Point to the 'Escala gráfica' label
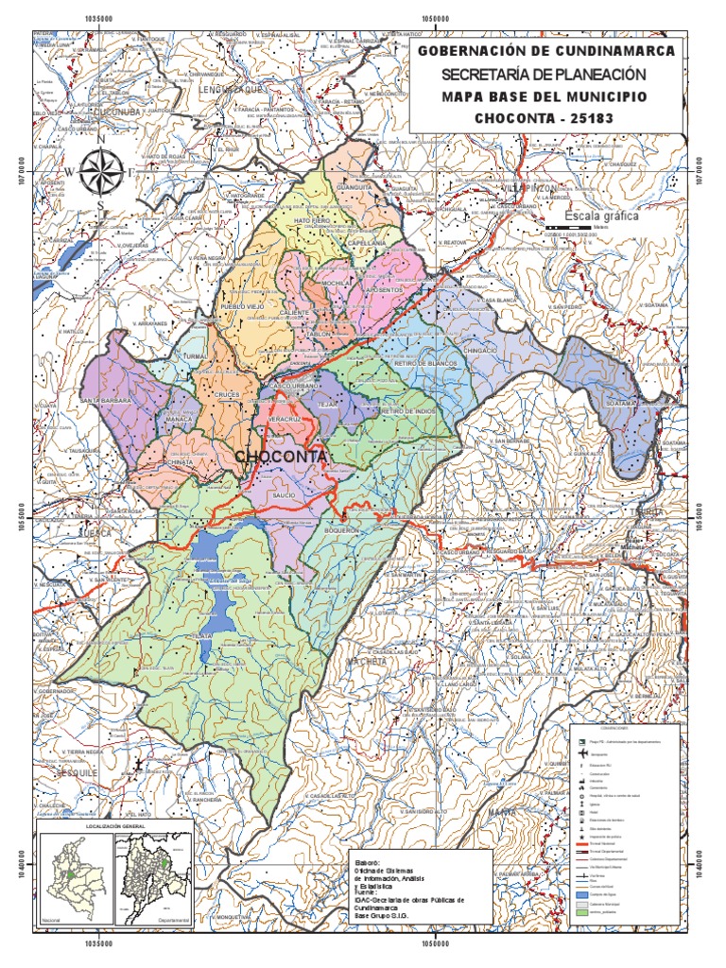click(x=601, y=216)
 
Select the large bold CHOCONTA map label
click(x=281, y=457)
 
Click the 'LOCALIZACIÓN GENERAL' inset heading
click(x=114, y=825)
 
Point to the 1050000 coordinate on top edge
click(x=436, y=17)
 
